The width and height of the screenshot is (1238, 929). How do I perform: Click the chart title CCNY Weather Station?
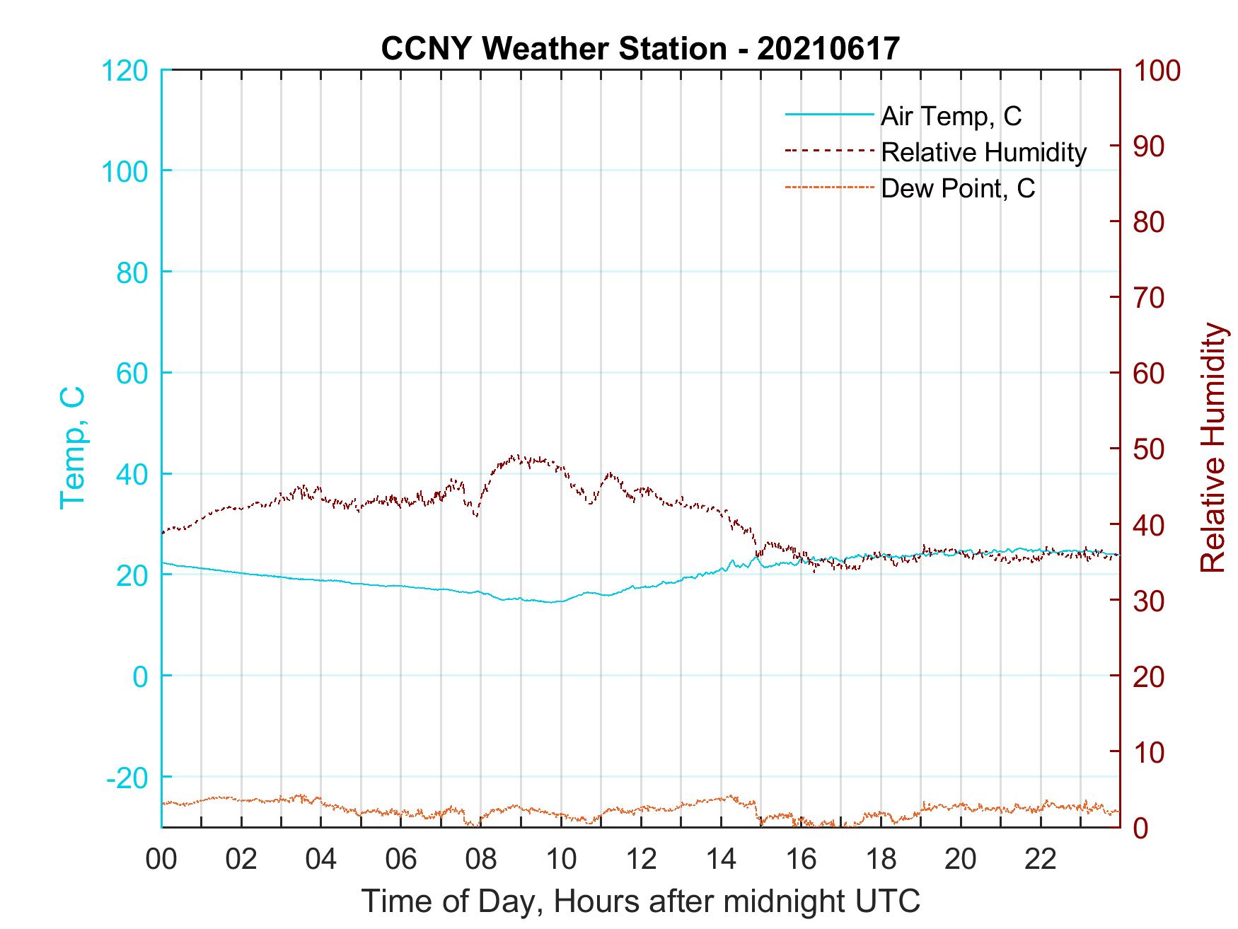click(640, 48)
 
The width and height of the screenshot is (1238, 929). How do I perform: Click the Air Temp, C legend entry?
click(950, 116)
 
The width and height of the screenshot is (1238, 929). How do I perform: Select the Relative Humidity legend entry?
click(983, 152)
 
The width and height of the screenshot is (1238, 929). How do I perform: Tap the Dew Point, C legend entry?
click(957, 188)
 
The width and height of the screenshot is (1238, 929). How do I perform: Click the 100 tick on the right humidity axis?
click(1157, 70)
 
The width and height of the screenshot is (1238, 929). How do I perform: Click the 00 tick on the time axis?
click(161, 860)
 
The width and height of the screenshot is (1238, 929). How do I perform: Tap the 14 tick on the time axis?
click(721, 860)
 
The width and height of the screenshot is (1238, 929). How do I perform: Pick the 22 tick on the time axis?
click(1041, 860)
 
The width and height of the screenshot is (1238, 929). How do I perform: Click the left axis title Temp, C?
click(72, 448)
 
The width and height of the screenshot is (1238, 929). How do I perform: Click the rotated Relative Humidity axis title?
click(1213, 448)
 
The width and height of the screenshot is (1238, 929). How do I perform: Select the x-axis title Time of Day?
click(640, 901)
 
